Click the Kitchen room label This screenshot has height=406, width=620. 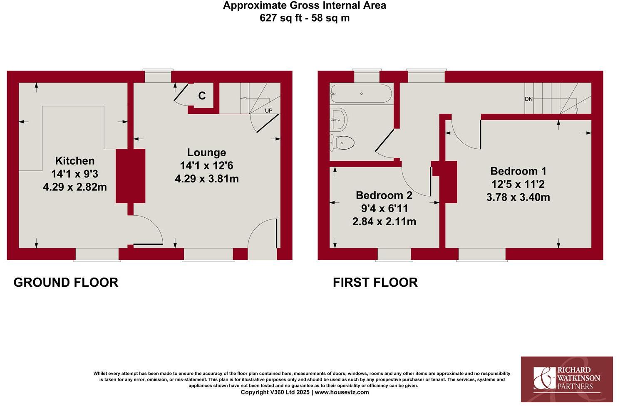coord(75,161)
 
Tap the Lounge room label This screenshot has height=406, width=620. coord(206,153)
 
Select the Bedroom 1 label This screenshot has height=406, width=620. coord(518,171)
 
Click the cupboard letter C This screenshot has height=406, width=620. coord(202,96)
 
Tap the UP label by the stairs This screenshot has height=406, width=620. coord(269,111)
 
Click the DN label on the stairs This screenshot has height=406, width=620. coord(528,99)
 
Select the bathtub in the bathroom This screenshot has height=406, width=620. coord(361,94)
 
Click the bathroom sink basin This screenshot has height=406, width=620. coord(339,120)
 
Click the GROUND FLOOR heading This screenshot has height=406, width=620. coord(66,283)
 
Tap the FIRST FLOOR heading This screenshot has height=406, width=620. coord(375,283)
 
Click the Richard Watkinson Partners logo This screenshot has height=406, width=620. coord(567,379)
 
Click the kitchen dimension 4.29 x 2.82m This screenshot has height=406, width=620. coord(75,187)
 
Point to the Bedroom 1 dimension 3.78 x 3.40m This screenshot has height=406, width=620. coord(518,197)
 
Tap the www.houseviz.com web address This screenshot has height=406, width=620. coord(342,392)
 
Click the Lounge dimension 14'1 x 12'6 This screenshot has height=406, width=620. coord(206,166)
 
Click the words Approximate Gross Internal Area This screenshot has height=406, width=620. coord(305,5)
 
